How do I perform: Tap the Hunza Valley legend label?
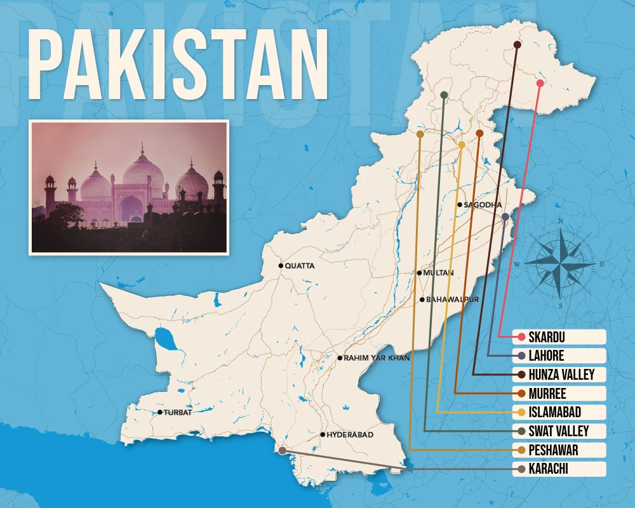point(561,375)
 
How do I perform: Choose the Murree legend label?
point(547,394)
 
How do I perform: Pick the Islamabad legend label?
point(554,413)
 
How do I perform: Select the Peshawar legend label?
point(554,450)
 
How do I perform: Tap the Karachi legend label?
point(548,469)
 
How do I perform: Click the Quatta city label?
point(300,266)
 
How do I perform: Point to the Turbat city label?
point(178,413)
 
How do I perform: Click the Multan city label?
point(439,273)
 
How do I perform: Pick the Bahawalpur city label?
point(452,299)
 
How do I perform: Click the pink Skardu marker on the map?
point(540,83)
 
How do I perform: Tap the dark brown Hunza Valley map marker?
point(517,45)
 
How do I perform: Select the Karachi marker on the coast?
point(282,450)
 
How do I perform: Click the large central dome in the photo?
point(143,171)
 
